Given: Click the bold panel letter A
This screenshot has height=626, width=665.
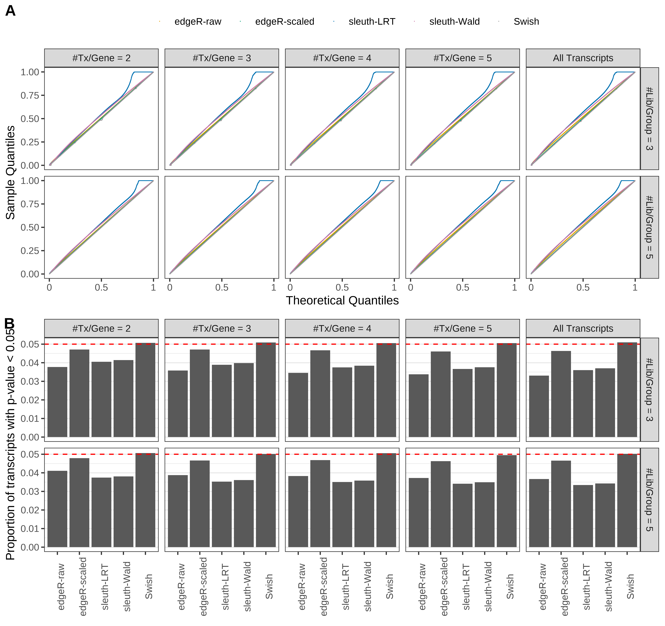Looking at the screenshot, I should [10, 11].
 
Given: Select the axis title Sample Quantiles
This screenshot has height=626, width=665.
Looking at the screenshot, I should [10, 172].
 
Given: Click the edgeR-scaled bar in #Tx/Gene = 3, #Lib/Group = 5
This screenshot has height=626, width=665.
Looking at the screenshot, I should [200, 504].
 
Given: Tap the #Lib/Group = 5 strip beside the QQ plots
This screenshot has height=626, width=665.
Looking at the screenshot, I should [649, 227].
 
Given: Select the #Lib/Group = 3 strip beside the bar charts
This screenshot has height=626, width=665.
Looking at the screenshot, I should [649, 390].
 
